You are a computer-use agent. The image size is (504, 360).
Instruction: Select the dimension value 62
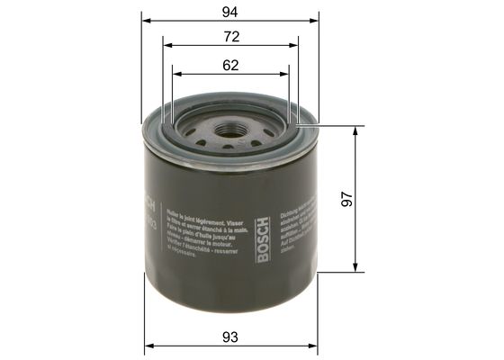click(x=230, y=65)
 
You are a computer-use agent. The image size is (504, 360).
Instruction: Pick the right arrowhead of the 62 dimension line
click(x=286, y=75)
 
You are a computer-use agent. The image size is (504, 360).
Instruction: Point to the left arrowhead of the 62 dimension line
click(x=175, y=75)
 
